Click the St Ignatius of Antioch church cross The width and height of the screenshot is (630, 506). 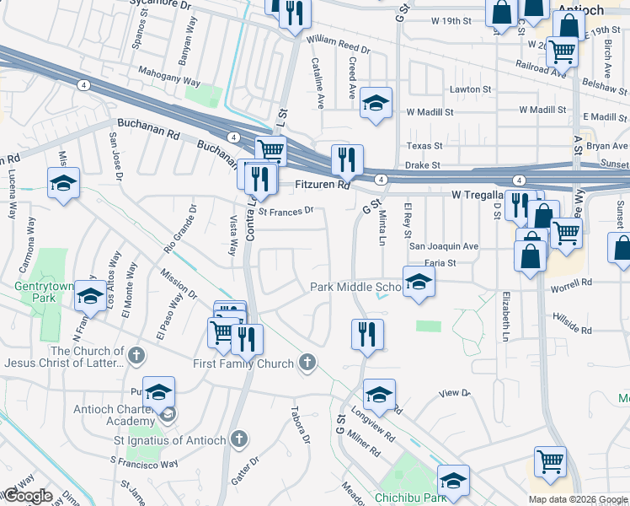point(240,439)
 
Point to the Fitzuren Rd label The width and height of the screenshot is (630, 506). point(321,185)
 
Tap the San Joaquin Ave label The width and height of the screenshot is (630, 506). point(443,246)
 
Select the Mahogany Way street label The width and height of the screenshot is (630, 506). point(168,77)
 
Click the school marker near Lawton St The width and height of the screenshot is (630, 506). point(376,103)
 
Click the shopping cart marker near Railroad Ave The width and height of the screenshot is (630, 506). point(561,51)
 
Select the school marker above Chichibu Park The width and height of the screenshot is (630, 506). point(452,480)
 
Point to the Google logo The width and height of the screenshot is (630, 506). point(27,496)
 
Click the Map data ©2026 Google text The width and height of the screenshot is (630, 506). point(577,499)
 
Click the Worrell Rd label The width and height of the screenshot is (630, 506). point(574,283)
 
